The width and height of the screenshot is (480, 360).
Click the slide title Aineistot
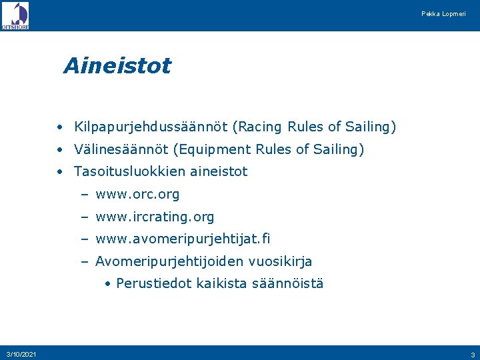[117, 66]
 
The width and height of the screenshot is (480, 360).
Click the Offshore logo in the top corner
[15, 15]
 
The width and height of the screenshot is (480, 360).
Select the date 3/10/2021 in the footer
[21, 353]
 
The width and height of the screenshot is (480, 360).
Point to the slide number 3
[472, 354]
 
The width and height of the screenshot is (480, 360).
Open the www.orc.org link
[137, 195]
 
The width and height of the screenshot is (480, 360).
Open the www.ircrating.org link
[155, 217]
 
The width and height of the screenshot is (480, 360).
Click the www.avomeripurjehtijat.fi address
[183, 239]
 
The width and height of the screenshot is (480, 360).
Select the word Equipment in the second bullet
[264, 149]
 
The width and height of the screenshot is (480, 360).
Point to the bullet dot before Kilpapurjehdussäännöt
[60, 127]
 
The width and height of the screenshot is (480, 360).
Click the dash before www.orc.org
[85, 195]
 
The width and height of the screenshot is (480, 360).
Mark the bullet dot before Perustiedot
[108, 283]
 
